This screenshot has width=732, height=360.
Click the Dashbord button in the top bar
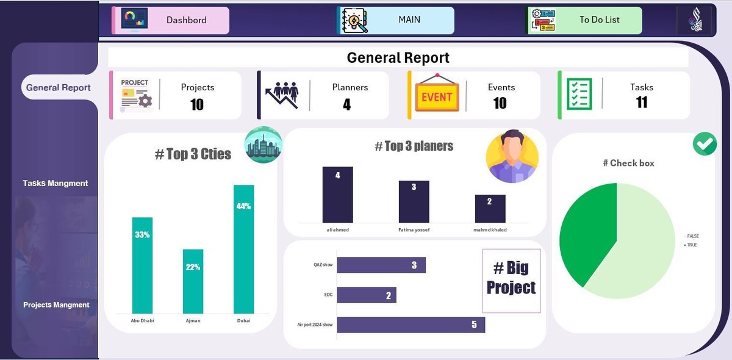tap(171, 20)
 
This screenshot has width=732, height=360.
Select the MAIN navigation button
tap(396, 20)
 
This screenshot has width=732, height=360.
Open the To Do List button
tap(585, 20)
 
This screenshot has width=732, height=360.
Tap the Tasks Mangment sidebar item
tap(56, 183)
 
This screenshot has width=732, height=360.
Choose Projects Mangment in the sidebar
tap(56, 304)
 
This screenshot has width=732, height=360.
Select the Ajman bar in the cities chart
tap(193, 281)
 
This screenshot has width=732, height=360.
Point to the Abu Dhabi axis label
tap(142, 320)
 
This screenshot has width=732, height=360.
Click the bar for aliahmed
tap(337, 195)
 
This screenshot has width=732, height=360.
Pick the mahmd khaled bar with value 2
tap(490, 209)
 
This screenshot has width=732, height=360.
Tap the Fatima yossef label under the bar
tap(414, 230)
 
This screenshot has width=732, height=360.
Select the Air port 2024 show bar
tap(411, 325)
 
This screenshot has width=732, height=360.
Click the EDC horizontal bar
tap(366, 295)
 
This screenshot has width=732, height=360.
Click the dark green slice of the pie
tap(586, 232)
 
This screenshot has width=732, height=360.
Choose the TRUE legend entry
tap(691, 245)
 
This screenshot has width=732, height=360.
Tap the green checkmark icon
tap(705, 144)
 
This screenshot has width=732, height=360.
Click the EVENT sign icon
tap(437, 96)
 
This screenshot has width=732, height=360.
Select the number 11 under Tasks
tap(642, 103)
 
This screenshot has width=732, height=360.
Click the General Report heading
tap(398, 57)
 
